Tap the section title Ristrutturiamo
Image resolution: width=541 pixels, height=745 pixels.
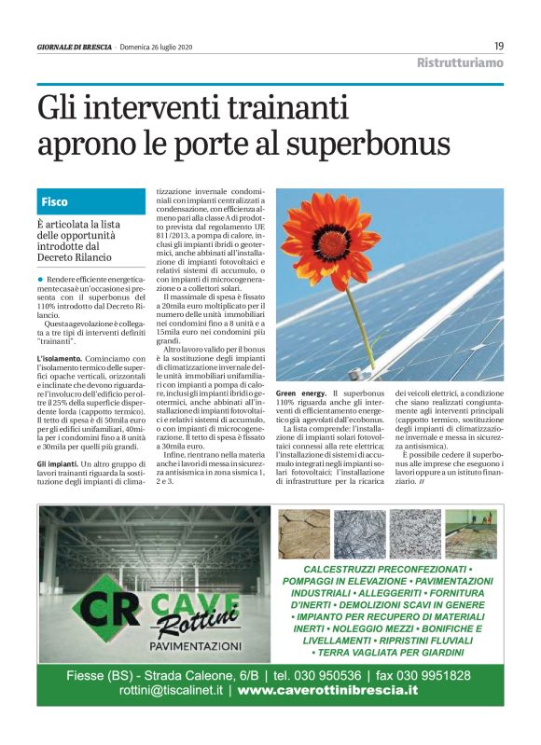459,62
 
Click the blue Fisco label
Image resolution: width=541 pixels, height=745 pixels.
54,201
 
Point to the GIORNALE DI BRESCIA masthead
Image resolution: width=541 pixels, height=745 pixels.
75,48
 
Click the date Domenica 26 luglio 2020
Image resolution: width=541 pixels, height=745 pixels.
156,48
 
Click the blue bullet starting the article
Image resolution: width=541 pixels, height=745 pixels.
40,279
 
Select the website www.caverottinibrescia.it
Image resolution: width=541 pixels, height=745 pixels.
327,691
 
